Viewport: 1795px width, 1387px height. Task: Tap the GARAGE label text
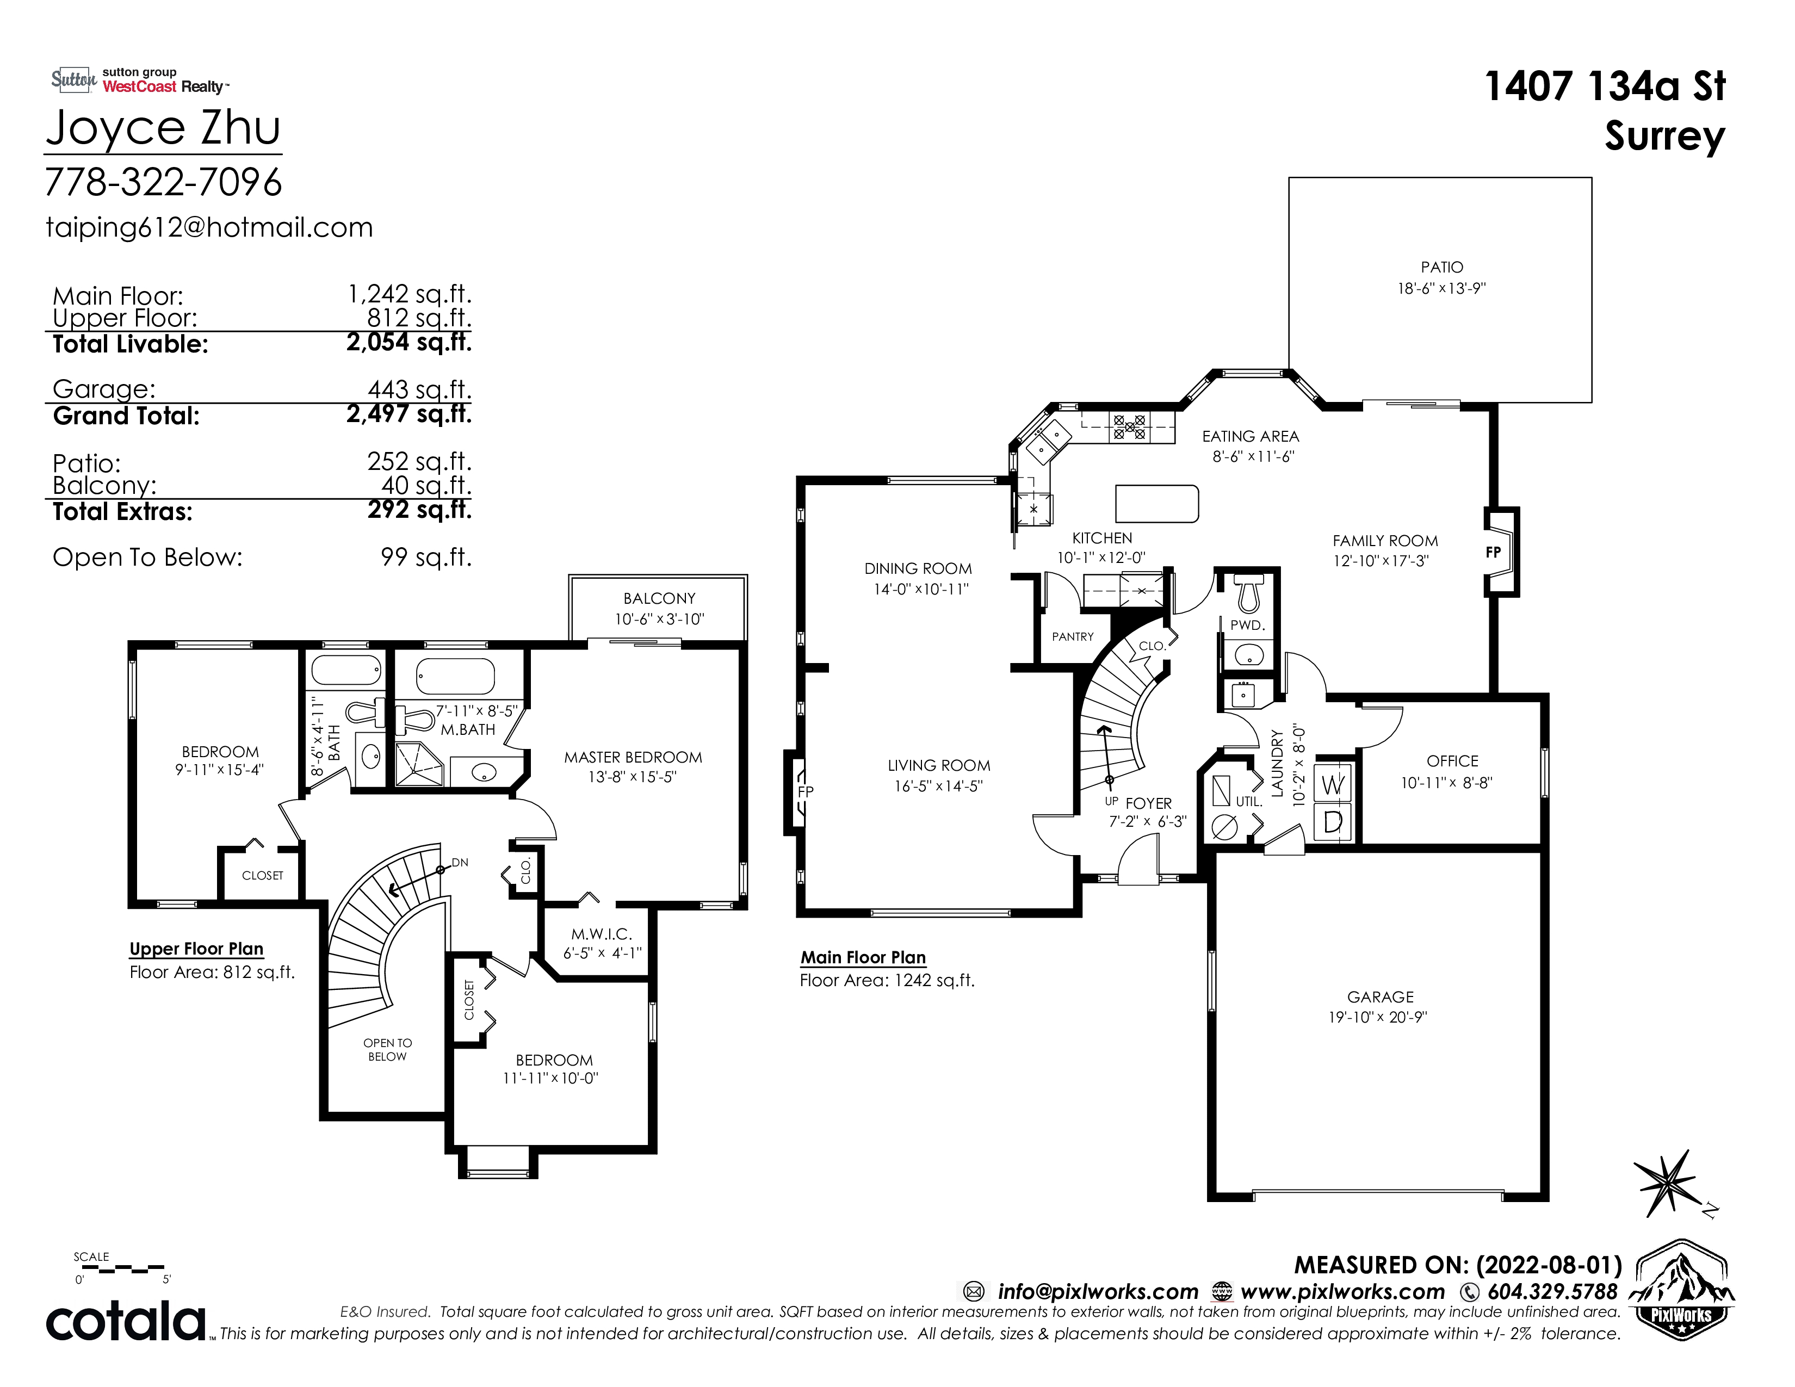pos(1380,996)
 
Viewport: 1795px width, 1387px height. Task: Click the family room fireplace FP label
pos(1493,552)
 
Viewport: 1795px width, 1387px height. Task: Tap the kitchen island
pos(1156,504)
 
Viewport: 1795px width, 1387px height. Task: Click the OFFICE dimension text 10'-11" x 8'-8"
pos(1446,782)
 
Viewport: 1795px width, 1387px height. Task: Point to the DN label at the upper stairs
pos(460,862)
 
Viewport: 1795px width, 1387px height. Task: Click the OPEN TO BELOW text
pos(387,1049)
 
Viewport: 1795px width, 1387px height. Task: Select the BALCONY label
pos(659,598)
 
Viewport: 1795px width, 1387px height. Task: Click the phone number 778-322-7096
pos(164,182)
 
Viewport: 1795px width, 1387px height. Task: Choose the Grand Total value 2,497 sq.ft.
pos(409,413)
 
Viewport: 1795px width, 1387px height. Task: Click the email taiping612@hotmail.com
pos(209,227)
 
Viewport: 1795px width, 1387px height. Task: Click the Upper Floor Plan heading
pos(196,949)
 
